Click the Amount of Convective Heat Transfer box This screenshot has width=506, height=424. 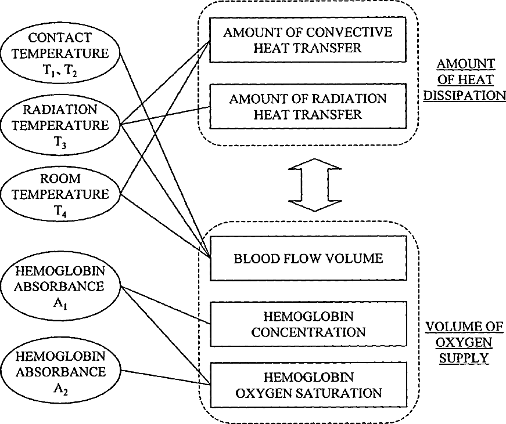click(x=308, y=40)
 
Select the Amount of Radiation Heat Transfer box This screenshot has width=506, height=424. click(x=308, y=107)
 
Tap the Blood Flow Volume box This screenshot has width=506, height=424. click(x=308, y=258)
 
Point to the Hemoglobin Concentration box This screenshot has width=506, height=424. click(x=308, y=324)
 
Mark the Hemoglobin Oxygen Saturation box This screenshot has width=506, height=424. click(x=308, y=385)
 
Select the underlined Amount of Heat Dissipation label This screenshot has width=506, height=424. click(x=465, y=79)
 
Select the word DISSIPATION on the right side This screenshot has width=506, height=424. click(x=465, y=95)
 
